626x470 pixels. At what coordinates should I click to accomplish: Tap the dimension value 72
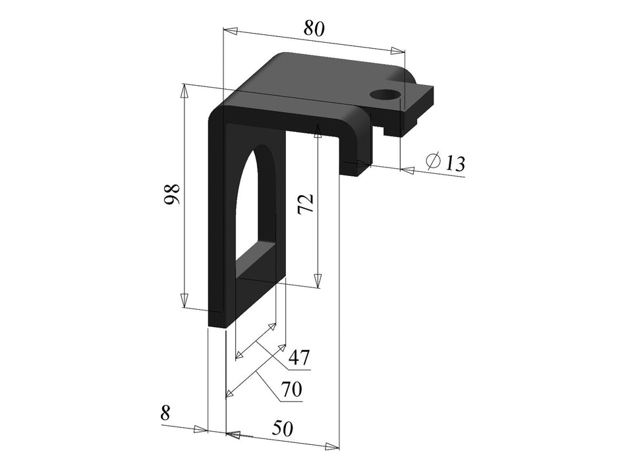305,204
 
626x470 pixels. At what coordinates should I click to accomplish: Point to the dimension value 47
298,358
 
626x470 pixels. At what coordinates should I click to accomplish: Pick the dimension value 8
165,413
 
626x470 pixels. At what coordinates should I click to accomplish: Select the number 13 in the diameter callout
454,163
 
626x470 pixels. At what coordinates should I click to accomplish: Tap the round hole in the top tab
385,94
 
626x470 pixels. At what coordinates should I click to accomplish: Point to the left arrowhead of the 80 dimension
230,30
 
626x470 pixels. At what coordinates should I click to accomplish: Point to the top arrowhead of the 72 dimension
318,129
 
